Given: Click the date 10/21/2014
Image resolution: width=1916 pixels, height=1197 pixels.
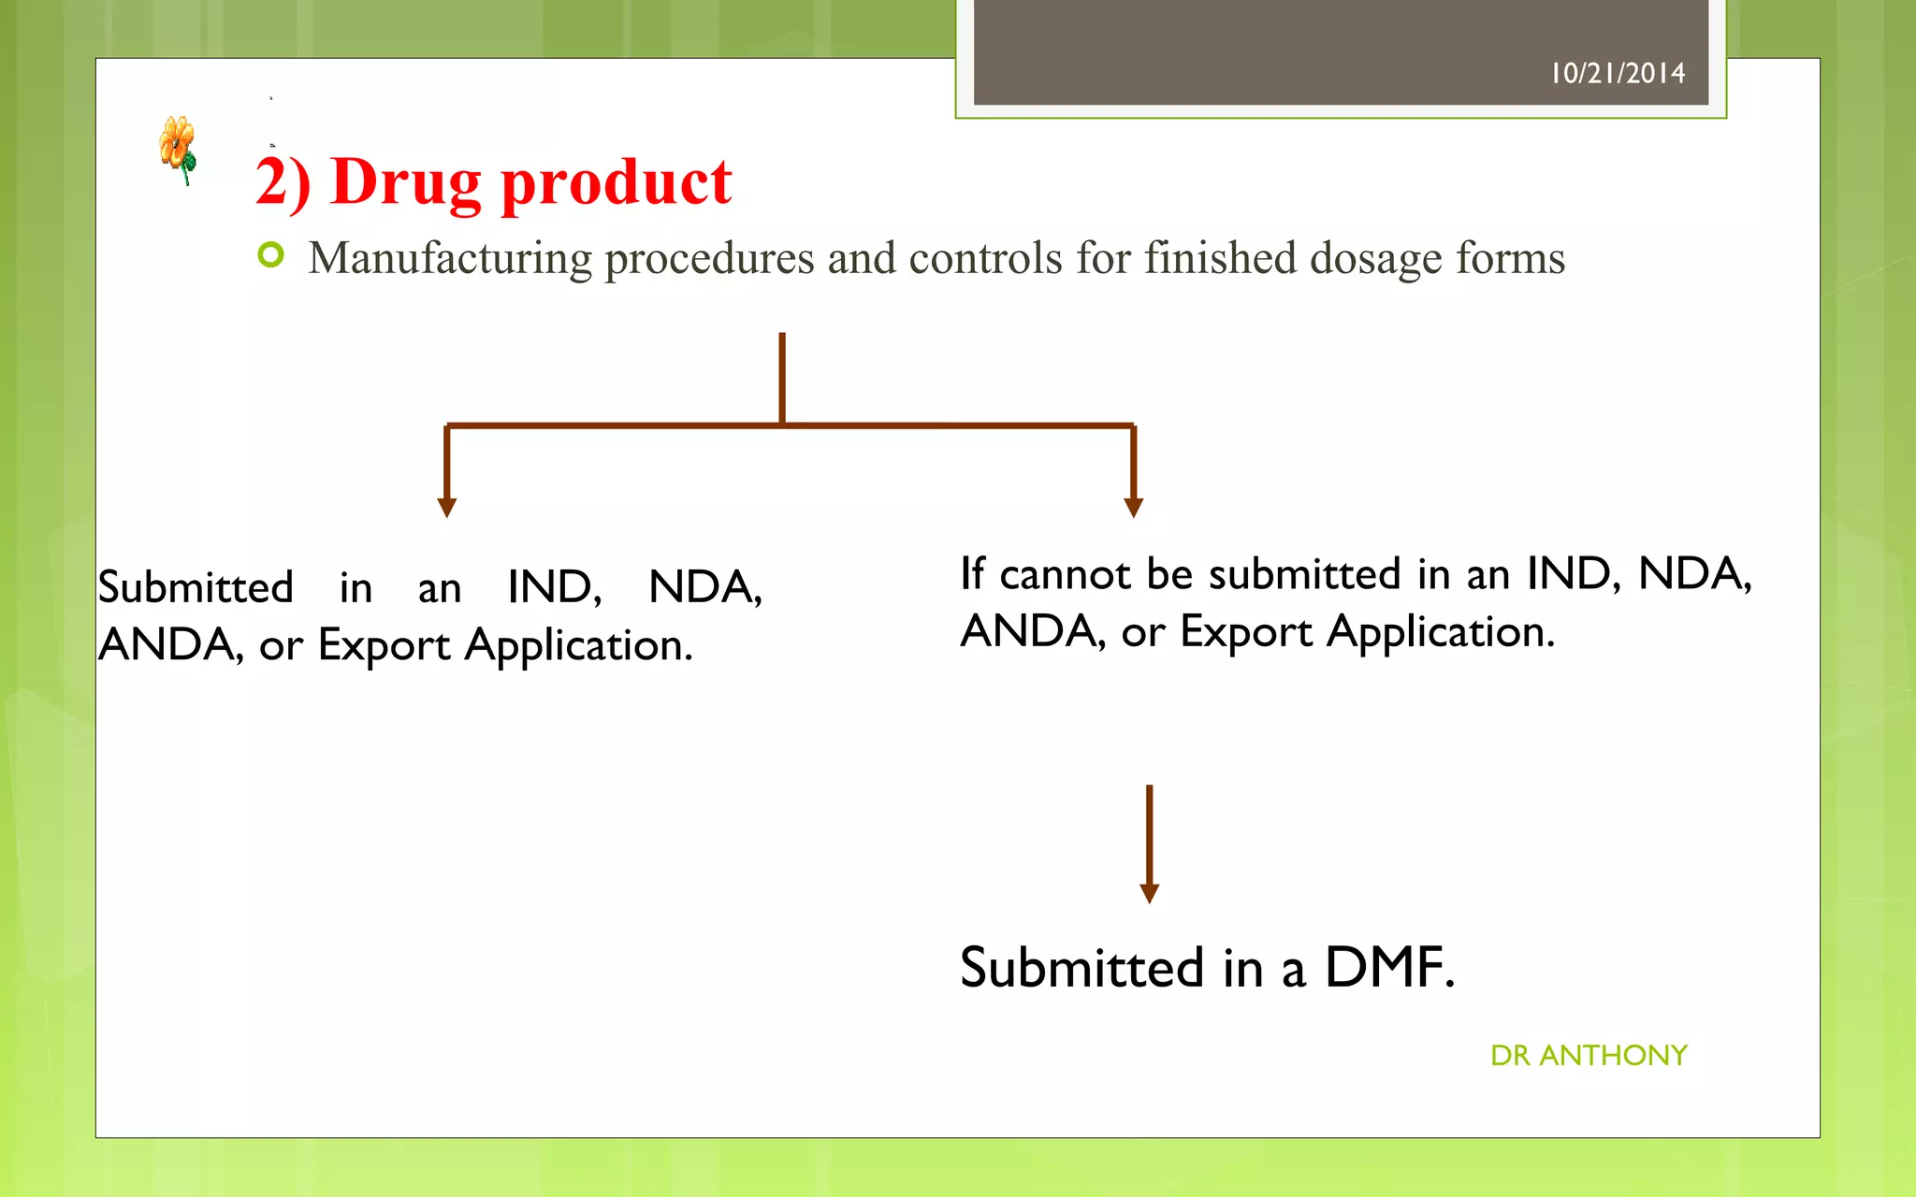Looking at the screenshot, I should pos(1618,73).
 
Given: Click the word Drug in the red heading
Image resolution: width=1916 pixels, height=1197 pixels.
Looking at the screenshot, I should pos(405,182).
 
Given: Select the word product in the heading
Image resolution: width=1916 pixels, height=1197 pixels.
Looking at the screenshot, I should pos(617,182).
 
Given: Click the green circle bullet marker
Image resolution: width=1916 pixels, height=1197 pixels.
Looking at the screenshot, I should pos(270,254).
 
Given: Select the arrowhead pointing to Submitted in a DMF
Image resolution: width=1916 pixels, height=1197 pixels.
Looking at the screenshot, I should pos(1150,893).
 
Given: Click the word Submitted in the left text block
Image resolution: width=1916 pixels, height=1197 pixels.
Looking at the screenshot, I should pos(196,587).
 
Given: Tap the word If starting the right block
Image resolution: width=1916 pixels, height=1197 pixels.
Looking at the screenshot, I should pos(972,573).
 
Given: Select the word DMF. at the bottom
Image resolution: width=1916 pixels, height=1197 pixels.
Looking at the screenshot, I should pos(1390,967).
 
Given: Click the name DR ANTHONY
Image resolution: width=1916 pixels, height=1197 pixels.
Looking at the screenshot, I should pos(1589,1055).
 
